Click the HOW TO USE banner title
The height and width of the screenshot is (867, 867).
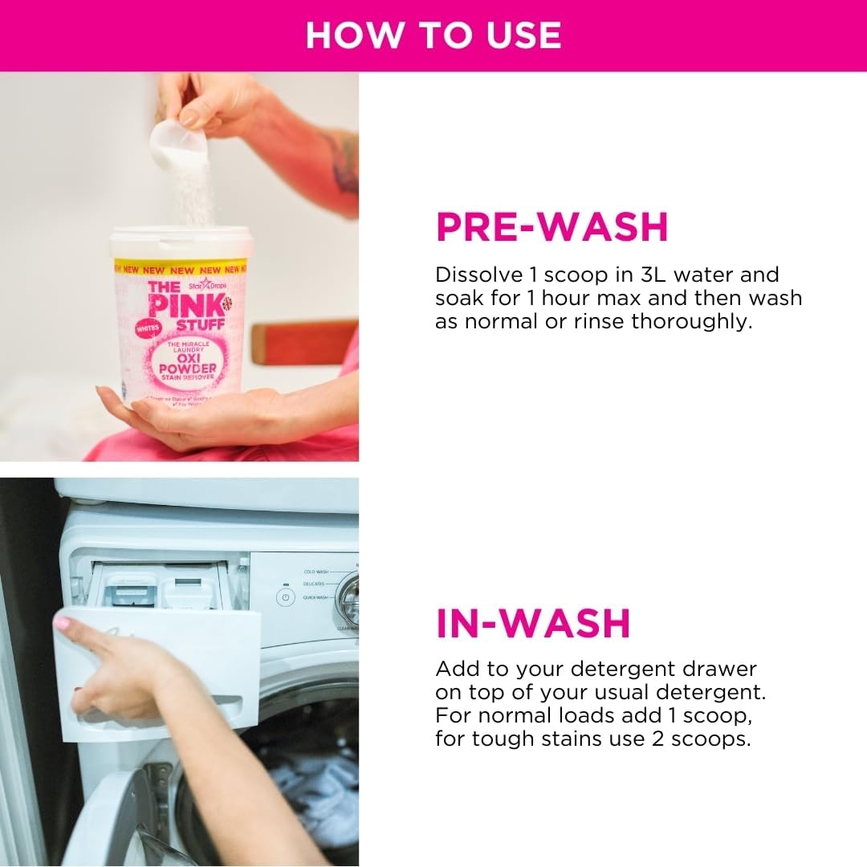433,35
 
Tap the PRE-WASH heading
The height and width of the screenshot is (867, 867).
552,227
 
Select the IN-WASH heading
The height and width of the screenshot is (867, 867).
533,624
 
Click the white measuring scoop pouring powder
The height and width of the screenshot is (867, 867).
178,143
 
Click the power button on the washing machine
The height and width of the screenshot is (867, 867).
285,598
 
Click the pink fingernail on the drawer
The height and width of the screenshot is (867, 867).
63,622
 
